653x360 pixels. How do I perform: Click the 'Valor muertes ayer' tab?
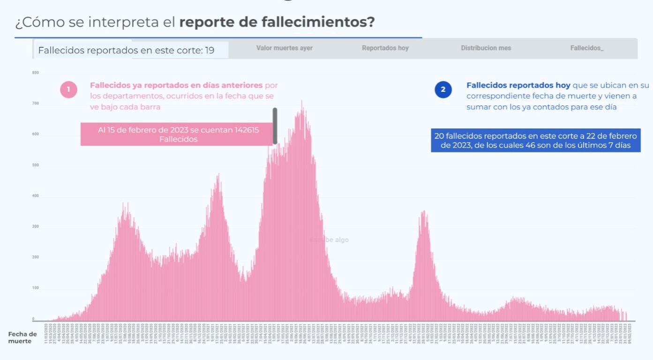pyautogui.click(x=284, y=48)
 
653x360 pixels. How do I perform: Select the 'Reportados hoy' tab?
pyautogui.click(x=385, y=48)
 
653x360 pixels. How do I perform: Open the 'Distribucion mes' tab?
pyautogui.click(x=486, y=48)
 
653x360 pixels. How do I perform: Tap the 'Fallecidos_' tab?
pyautogui.click(x=587, y=48)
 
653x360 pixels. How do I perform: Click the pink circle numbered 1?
pyautogui.click(x=68, y=90)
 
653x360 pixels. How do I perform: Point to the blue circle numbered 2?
pyautogui.click(x=443, y=90)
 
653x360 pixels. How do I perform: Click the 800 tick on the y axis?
pyautogui.click(x=35, y=73)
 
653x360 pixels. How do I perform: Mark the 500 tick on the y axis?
pyautogui.click(x=35, y=165)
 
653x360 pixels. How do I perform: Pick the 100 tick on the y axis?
pyautogui.click(x=35, y=288)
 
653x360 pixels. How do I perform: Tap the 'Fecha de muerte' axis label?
pyautogui.click(x=22, y=337)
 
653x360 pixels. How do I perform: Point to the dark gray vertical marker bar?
pyautogui.click(x=275, y=126)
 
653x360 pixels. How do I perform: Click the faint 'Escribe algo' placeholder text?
pyautogui.click(x=329, y=240)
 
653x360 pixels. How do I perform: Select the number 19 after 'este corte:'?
pyautogui.click(x=210, y=50)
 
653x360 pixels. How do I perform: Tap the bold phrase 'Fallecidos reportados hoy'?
pyautogui.click(x=518, y=85)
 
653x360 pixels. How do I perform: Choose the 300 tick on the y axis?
pyautogui.click(x=35, y=227)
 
